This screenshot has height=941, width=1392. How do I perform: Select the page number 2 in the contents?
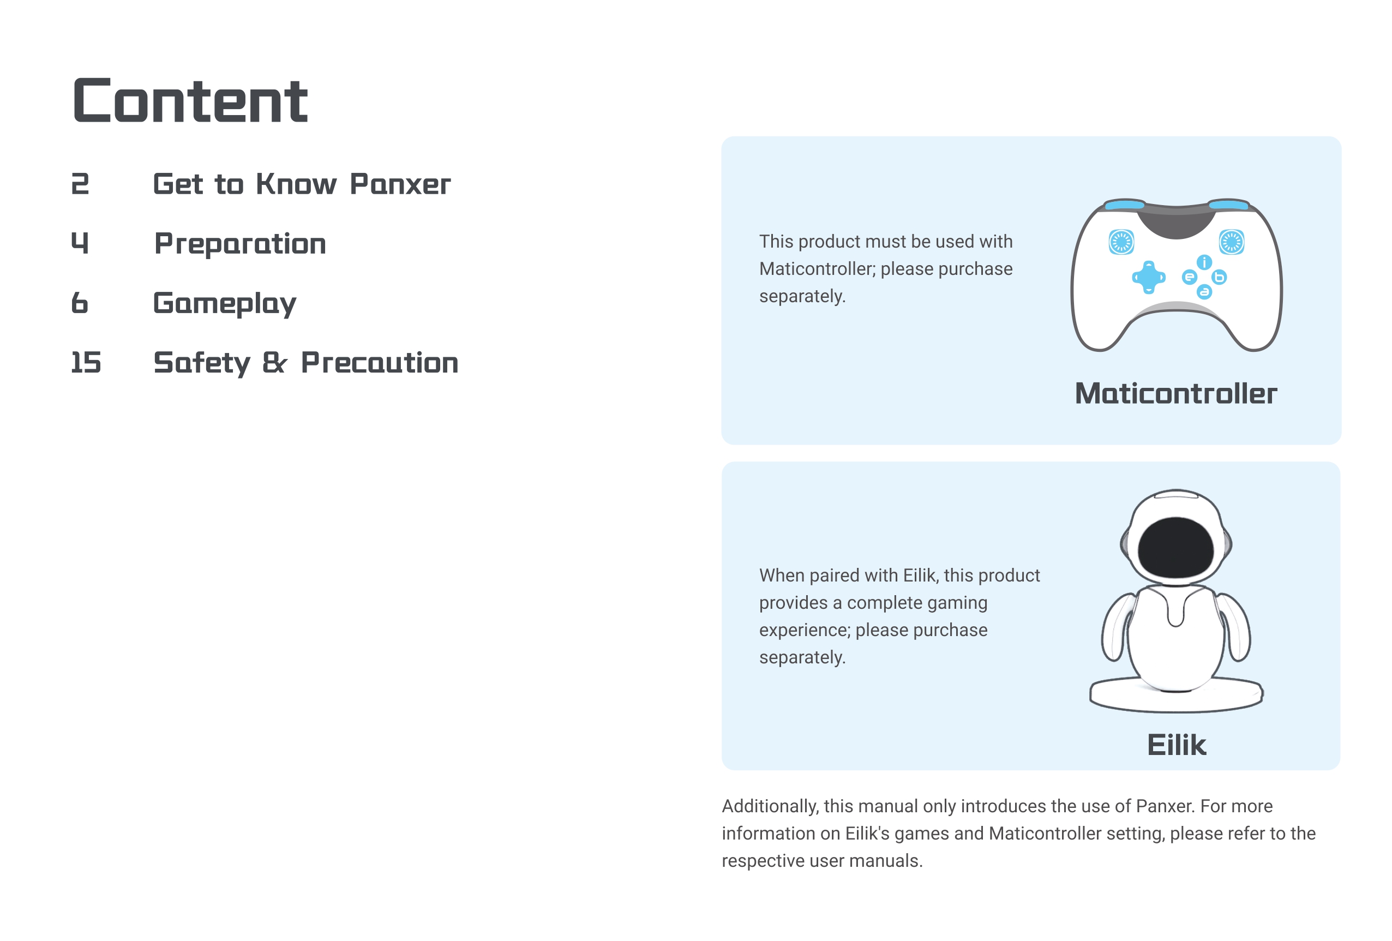[80, 184]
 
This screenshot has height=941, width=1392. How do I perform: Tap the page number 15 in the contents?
[86, 362]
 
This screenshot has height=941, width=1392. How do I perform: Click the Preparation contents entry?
[240, 244]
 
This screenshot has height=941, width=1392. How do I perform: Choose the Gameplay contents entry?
[225, 304]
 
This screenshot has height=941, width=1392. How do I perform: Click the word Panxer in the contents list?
[400, 184]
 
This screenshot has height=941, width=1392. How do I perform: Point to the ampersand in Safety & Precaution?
[275, 362]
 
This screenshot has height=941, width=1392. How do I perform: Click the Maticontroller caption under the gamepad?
[1176, 393]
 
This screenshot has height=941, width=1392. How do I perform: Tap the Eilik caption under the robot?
[1177, 745]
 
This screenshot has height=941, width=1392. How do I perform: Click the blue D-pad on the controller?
[1148, 277]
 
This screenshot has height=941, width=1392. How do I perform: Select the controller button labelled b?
[1219, 277]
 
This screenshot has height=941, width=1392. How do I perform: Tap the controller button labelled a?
[1204, 292]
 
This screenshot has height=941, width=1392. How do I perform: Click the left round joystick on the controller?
[1121, 242]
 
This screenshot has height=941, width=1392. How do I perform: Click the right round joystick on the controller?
[1232, 242]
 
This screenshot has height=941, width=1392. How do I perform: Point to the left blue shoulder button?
[1124, 205]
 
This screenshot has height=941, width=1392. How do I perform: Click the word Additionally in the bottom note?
[770, 806]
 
